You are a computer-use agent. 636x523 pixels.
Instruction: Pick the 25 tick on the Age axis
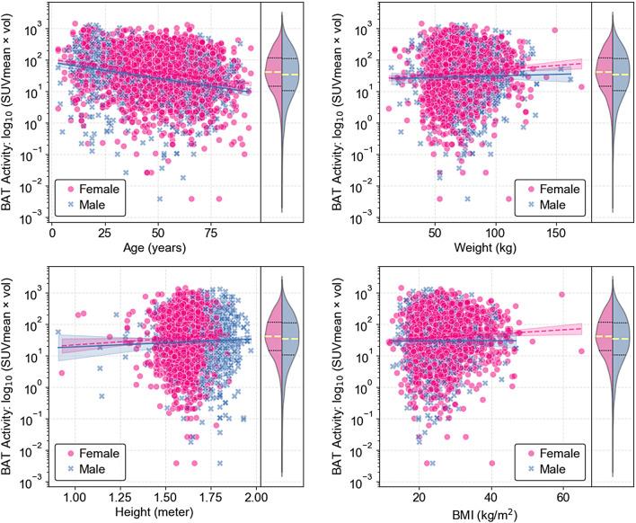(x=102, y=231)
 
